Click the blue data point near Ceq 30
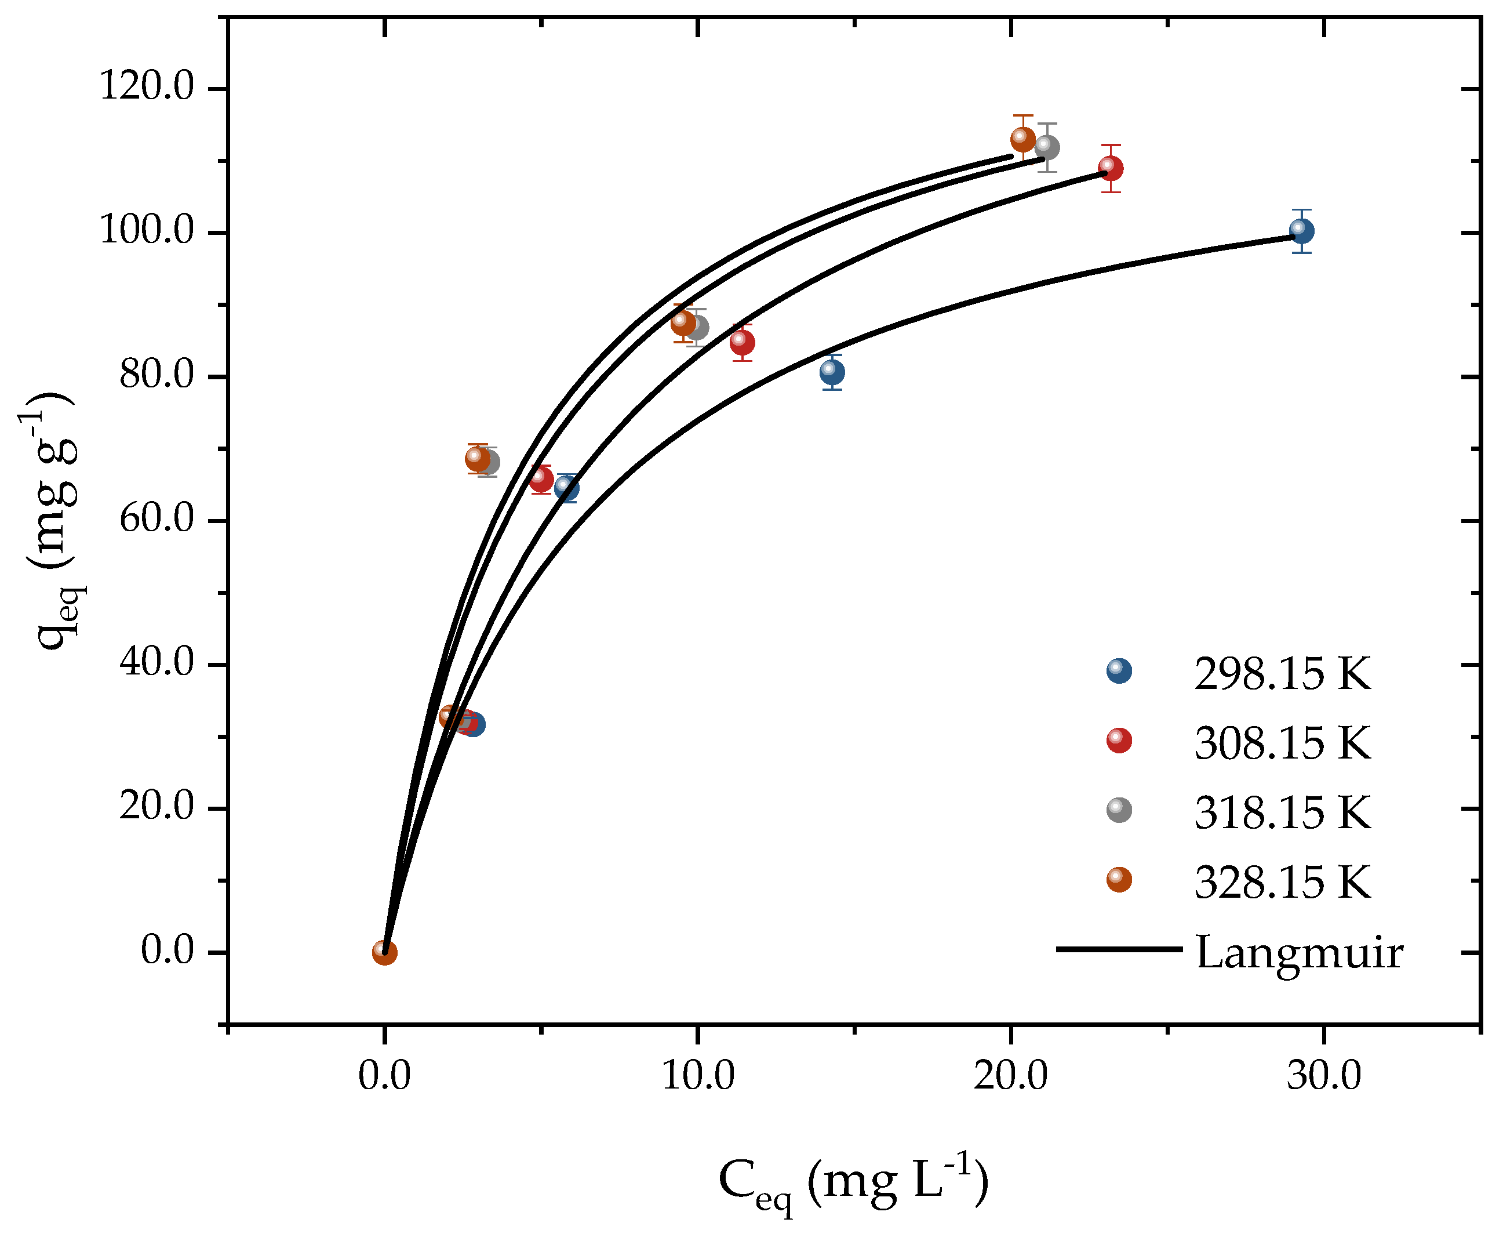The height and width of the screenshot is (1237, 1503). click(x=1301, y=231)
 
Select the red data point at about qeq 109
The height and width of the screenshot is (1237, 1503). click(x=1111, y=168)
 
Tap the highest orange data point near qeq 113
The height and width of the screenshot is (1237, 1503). click(x=1023, y=138)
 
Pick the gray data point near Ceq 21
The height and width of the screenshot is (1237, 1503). click(x=1046, y=147)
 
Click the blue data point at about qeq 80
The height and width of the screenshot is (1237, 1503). click(x=832, y=372)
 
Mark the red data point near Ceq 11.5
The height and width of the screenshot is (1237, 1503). click(x=743, y=343)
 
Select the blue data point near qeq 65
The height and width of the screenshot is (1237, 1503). click(x=567, y=487)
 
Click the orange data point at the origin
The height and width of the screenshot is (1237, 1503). click(x=385, y=952)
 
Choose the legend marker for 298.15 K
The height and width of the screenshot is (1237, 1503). click(x=1119, y=670)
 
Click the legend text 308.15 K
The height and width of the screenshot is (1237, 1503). click(x=1282, y=743)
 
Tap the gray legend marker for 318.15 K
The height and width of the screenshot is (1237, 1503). click(x=1119, y=810)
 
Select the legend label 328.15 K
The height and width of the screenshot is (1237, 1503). click(x=1282, y=882)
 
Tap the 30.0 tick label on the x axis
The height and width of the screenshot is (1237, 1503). click(x=1323, y=1075)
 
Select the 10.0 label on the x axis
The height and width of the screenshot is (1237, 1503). click(x=698, y=1075)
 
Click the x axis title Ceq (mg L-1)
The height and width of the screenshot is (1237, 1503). click(x=853, y=1183)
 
